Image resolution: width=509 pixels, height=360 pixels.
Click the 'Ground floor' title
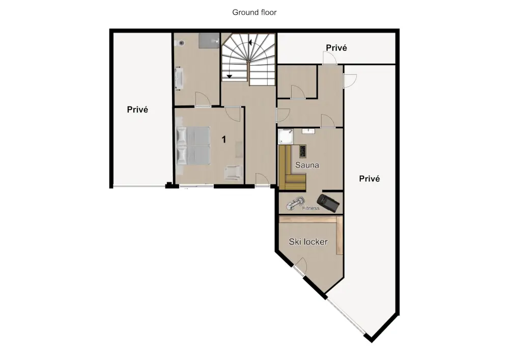(x=254, y=12)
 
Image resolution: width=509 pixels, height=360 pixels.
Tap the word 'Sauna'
(x=307, y=165)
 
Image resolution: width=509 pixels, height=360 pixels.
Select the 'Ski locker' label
(x=308, y=241)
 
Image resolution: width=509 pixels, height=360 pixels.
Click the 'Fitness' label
(x=310, y=208)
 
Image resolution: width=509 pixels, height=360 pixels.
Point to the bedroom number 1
(x=223, y=140)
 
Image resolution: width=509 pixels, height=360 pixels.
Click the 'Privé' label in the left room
(x=137, y=109)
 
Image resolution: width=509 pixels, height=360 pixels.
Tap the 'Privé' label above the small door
(x=336, y=48)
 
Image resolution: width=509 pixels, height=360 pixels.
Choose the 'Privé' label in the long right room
(x=370, y=179)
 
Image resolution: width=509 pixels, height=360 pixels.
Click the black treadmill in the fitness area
(x=328, y=203)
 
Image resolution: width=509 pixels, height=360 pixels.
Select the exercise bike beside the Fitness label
(x=295, y=204)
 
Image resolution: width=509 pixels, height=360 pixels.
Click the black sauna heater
(x=302, y=151)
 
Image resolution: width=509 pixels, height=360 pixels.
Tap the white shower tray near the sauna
(x=286, y=136)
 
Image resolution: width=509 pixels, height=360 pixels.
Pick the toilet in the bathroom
(x=180, y=43)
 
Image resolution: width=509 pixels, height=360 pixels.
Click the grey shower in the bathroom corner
(x=209, y=40)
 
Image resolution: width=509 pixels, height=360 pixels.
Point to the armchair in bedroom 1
(x=233, y=173)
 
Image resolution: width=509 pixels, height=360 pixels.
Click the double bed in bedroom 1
(x=193, y=146)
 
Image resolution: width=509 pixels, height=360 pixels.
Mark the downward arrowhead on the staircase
(x=230, y=76)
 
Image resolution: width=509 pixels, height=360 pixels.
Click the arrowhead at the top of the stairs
(x=250, y=42)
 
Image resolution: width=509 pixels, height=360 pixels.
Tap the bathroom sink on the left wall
(x=179, y=78)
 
